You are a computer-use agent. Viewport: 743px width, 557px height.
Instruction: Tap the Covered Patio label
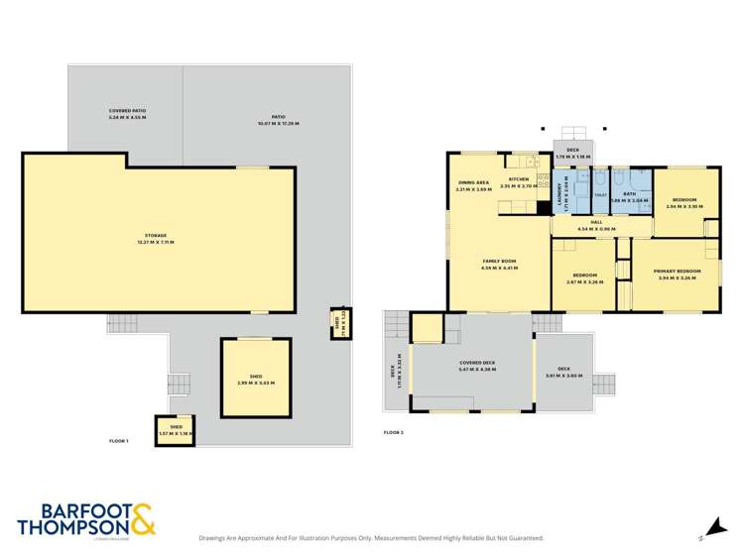pyautogui.click(x=126, y=114)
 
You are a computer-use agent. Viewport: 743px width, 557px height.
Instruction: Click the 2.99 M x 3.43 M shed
pyautogui.click(x=255, y=380)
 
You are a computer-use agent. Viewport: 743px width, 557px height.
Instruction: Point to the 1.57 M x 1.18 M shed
pyautogui.click(x=176, y=430)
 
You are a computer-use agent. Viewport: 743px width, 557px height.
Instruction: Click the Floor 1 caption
pyautogui.click(x=119, y=441)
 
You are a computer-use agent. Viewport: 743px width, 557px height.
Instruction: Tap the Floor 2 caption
pyautogui.click(x=395, y=432)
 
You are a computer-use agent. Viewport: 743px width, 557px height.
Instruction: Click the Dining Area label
pyautogui.click(x=473, y=185)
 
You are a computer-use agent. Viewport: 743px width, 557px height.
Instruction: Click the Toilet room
pyautogui.click(x=599, y=195)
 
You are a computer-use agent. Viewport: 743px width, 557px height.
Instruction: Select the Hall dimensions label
pyautogui.click(x=596, y=225)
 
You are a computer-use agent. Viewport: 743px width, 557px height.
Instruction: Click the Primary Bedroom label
pyautogui.click(x=680, y=274)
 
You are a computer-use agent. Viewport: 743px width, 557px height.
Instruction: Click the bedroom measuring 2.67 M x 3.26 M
pyautogui.click(x=585, y=278)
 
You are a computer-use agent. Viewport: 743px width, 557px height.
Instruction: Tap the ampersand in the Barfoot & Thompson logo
pyautogui.click(x=141, y=520)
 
